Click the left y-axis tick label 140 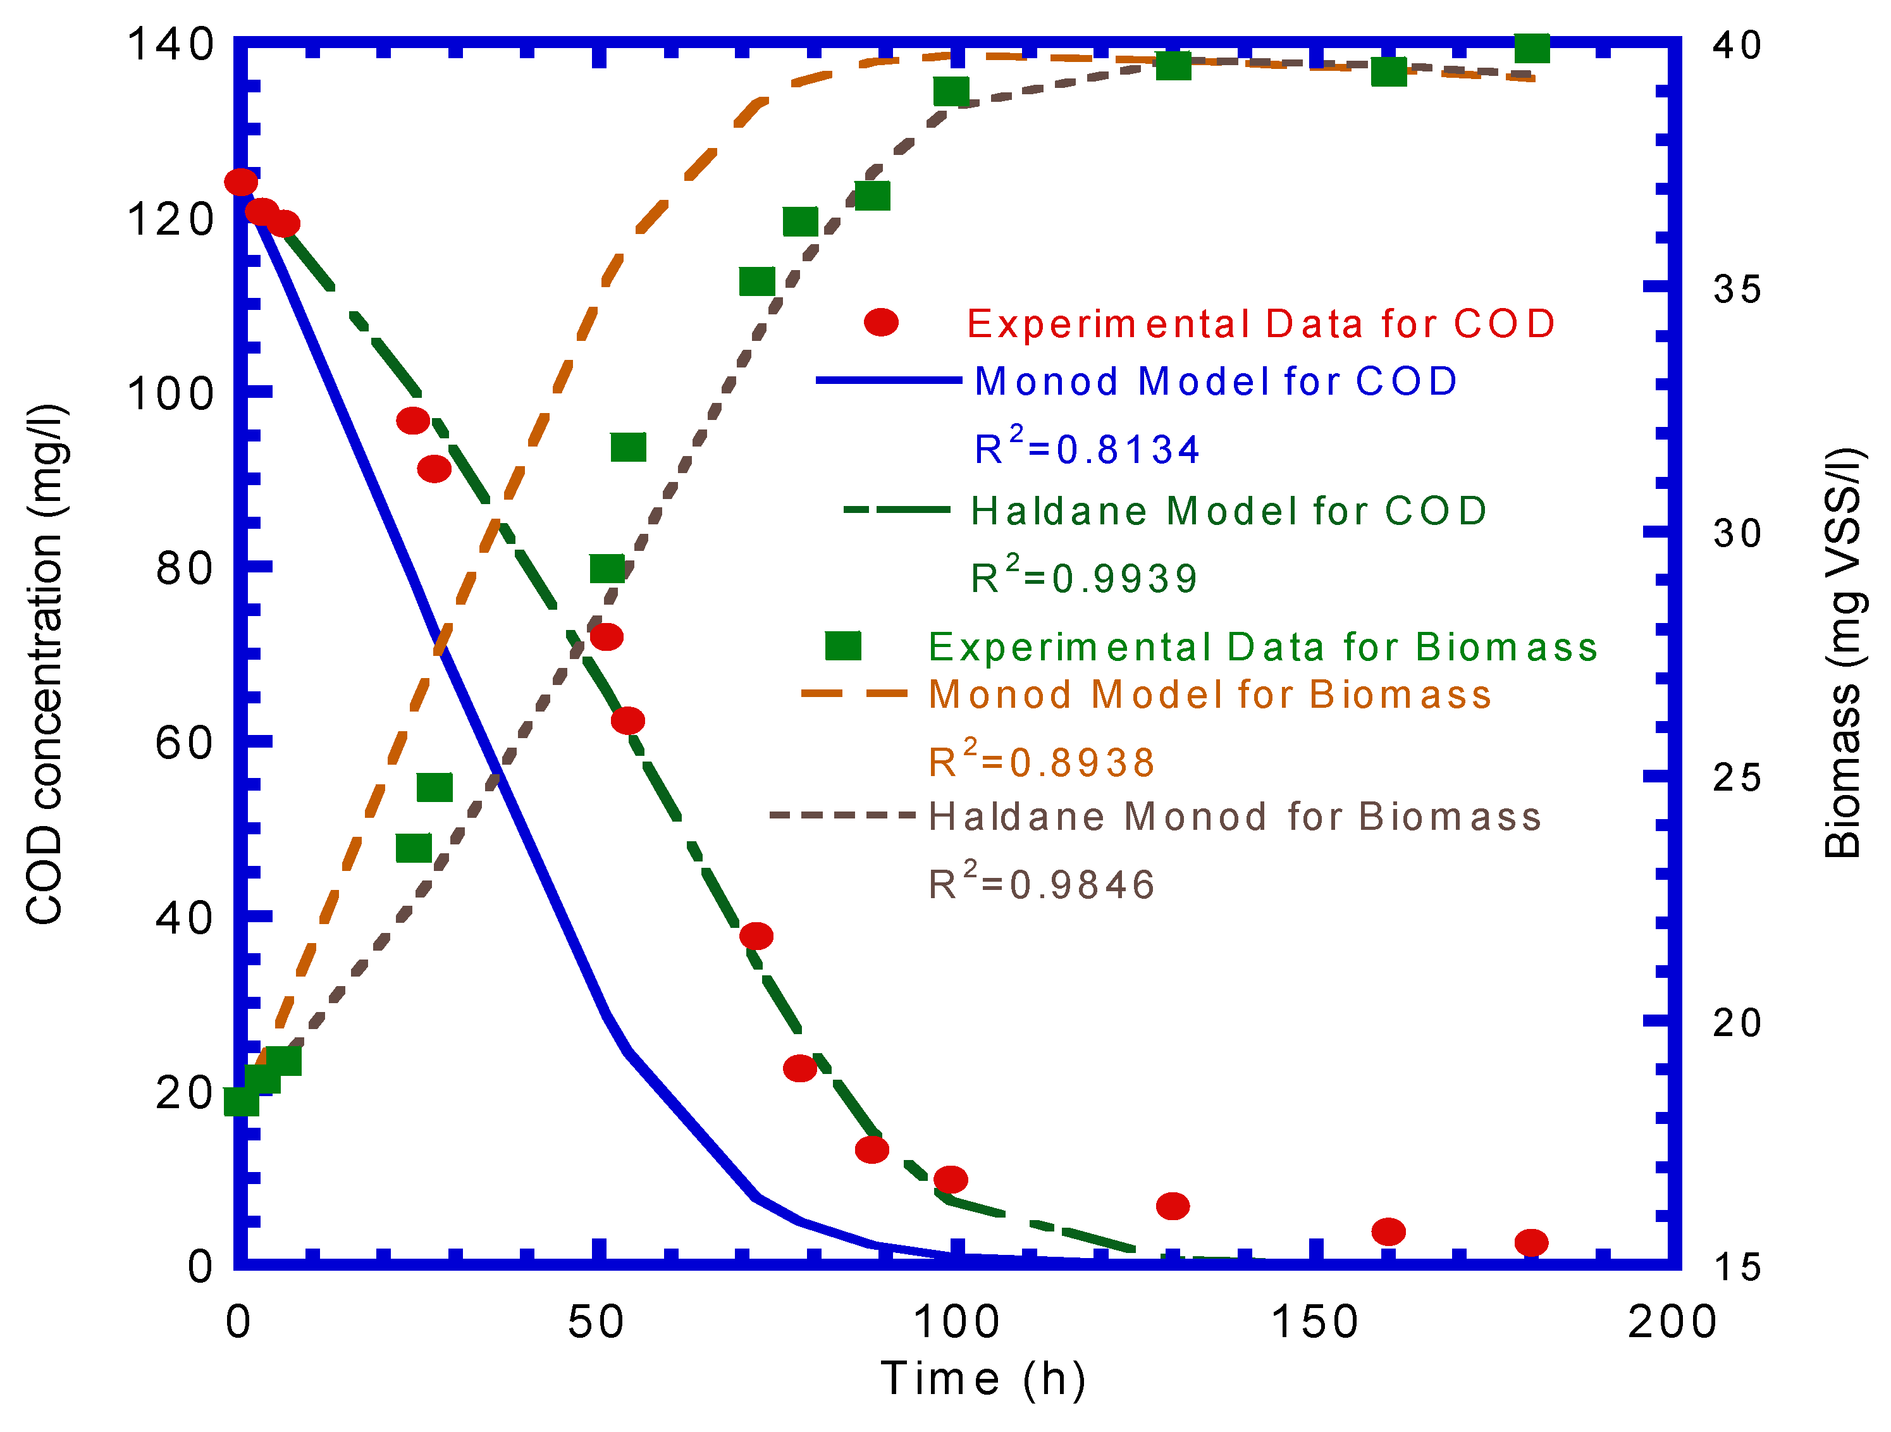point(171,44)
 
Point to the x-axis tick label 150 point(1315,1322)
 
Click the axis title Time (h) point(983,1379)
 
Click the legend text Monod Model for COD point(1216,382)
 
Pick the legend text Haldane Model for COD point(1228,511)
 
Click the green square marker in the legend point(843,645)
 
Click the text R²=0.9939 point(1083,578)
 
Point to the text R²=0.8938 point(1041,762)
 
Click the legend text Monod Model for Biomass point(1210,694)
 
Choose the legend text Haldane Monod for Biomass point(1235,817)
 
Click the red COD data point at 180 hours point(1531,1242)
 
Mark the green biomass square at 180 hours point(1532,48)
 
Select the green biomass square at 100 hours point(951,90)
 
